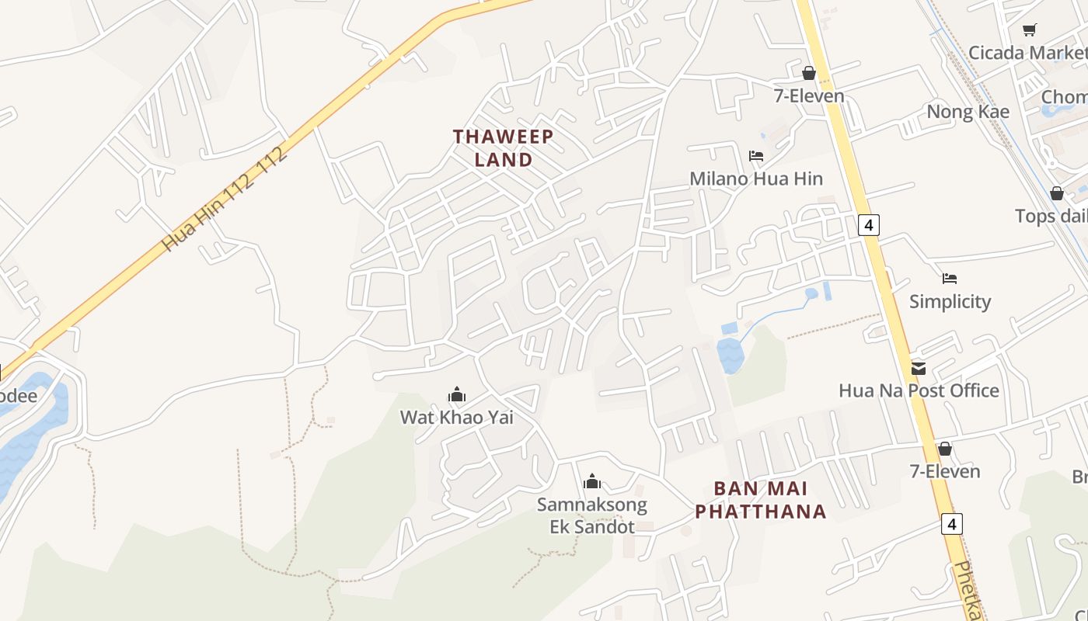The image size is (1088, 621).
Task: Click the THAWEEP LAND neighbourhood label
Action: pyautogui.click(x=504, y=147)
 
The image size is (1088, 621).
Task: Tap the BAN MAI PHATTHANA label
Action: pyautogui.click(x=760, y=500)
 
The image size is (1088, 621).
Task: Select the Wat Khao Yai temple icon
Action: pyautogui.click(x=456, y=395)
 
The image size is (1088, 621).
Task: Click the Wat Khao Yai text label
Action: pyautogui.click(x=456, y=418)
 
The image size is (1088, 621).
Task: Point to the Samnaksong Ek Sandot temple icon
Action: pyautogui.click(x=592, y=482)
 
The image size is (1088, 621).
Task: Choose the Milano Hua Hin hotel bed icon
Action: pyautogui.click(x=755, y=156)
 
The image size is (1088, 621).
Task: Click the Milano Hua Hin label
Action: pyautogui.click(x=755, y=179)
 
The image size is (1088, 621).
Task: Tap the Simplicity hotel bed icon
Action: pyautogui.click(x=949, y=279)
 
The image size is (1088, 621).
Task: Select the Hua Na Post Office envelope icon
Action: pyautogui.click(x=919, y=368)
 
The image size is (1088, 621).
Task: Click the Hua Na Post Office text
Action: pyautogui.click(x=919, y=390)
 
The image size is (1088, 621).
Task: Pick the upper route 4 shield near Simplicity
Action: pyautogui.click(x=869, y=225)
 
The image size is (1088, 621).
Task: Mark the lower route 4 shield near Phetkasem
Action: pyautogui.click(x=952, y=524)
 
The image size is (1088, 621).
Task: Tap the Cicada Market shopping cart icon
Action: pyautogui.click(x=1029, y=30)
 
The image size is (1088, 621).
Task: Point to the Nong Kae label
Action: pyautogui.click(x=968, y=112)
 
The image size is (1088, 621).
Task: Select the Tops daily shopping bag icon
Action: pyautogui.click(x=1056, y=193)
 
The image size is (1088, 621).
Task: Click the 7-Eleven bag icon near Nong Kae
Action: pyautogui.click(x=808, y=74)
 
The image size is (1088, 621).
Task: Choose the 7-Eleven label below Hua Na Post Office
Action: pyautogui.click(x=944, y=471)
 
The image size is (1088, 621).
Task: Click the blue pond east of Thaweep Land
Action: pyautogui.click(x=730, y=355)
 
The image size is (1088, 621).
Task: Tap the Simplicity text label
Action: pyautogui.click(x=950, y=301)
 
